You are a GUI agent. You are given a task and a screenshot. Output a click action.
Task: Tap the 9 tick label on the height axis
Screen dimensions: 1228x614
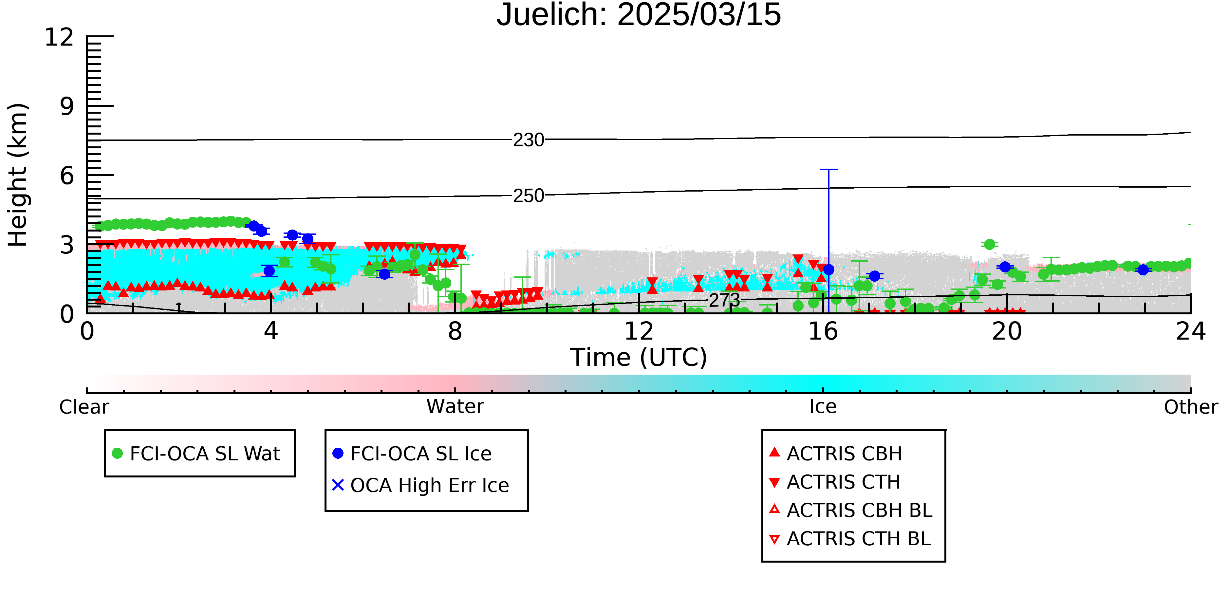[67, 106]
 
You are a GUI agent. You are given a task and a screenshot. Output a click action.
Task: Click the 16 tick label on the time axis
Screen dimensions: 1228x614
[823, 331]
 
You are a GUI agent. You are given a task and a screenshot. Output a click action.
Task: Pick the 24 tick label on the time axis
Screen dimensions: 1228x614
[1191, 331]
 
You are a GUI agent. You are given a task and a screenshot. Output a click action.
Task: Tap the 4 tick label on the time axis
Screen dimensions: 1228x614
[271, 331]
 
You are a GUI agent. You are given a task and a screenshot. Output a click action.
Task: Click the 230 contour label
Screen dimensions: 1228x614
[528, 140]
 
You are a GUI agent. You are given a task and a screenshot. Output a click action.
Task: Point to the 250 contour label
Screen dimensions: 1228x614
[528, 196]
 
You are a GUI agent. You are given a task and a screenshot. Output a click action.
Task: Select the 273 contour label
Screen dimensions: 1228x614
[724, 300]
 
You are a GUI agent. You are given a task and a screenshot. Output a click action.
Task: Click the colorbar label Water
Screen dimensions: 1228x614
[455, 407]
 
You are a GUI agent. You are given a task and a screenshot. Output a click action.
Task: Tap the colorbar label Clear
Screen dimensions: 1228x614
[84, 407]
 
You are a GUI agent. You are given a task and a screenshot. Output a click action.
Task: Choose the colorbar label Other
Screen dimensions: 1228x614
[1191, 407]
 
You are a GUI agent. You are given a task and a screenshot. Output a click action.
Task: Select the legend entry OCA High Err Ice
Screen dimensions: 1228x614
[420, 485]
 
